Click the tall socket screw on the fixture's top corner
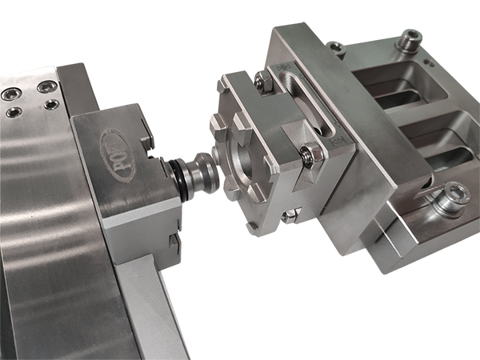point(410,38)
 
